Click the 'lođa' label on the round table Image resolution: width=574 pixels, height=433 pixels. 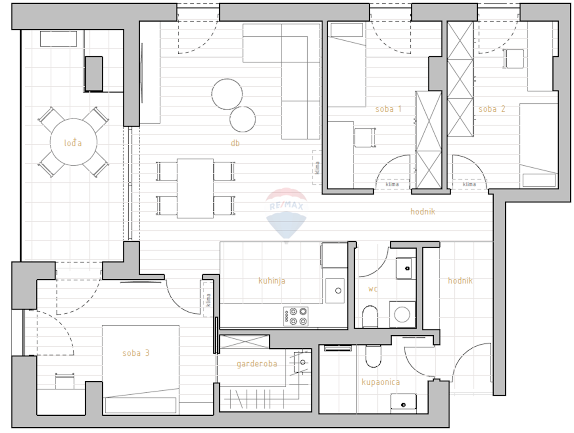[73, 143]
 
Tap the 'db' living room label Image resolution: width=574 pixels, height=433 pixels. [235, 143]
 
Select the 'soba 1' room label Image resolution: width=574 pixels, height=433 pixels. [388, 109]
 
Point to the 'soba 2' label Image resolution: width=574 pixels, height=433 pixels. [492, 109]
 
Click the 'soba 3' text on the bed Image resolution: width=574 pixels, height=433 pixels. [136, 353]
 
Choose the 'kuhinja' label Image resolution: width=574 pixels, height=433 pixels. [272, 281]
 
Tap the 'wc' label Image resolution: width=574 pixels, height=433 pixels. [373, 289]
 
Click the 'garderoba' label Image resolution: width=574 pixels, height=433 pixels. [257, 364]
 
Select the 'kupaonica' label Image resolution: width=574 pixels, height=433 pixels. [381, 382]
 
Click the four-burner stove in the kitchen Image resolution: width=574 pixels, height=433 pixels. [296, 316]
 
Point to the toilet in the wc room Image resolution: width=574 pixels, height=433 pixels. [370, 316]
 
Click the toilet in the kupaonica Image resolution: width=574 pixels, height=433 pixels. [374, 356]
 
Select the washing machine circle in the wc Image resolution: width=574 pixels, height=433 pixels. [402, 314]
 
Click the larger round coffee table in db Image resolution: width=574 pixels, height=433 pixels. [227, 94]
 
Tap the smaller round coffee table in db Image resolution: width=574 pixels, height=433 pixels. [243, 119]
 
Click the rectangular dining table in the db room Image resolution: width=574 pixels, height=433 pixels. [195, 188]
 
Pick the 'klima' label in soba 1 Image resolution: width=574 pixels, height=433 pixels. [392, 184]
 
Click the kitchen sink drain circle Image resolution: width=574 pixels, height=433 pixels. [338, 291]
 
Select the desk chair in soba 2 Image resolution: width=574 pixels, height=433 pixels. [514, 59]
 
